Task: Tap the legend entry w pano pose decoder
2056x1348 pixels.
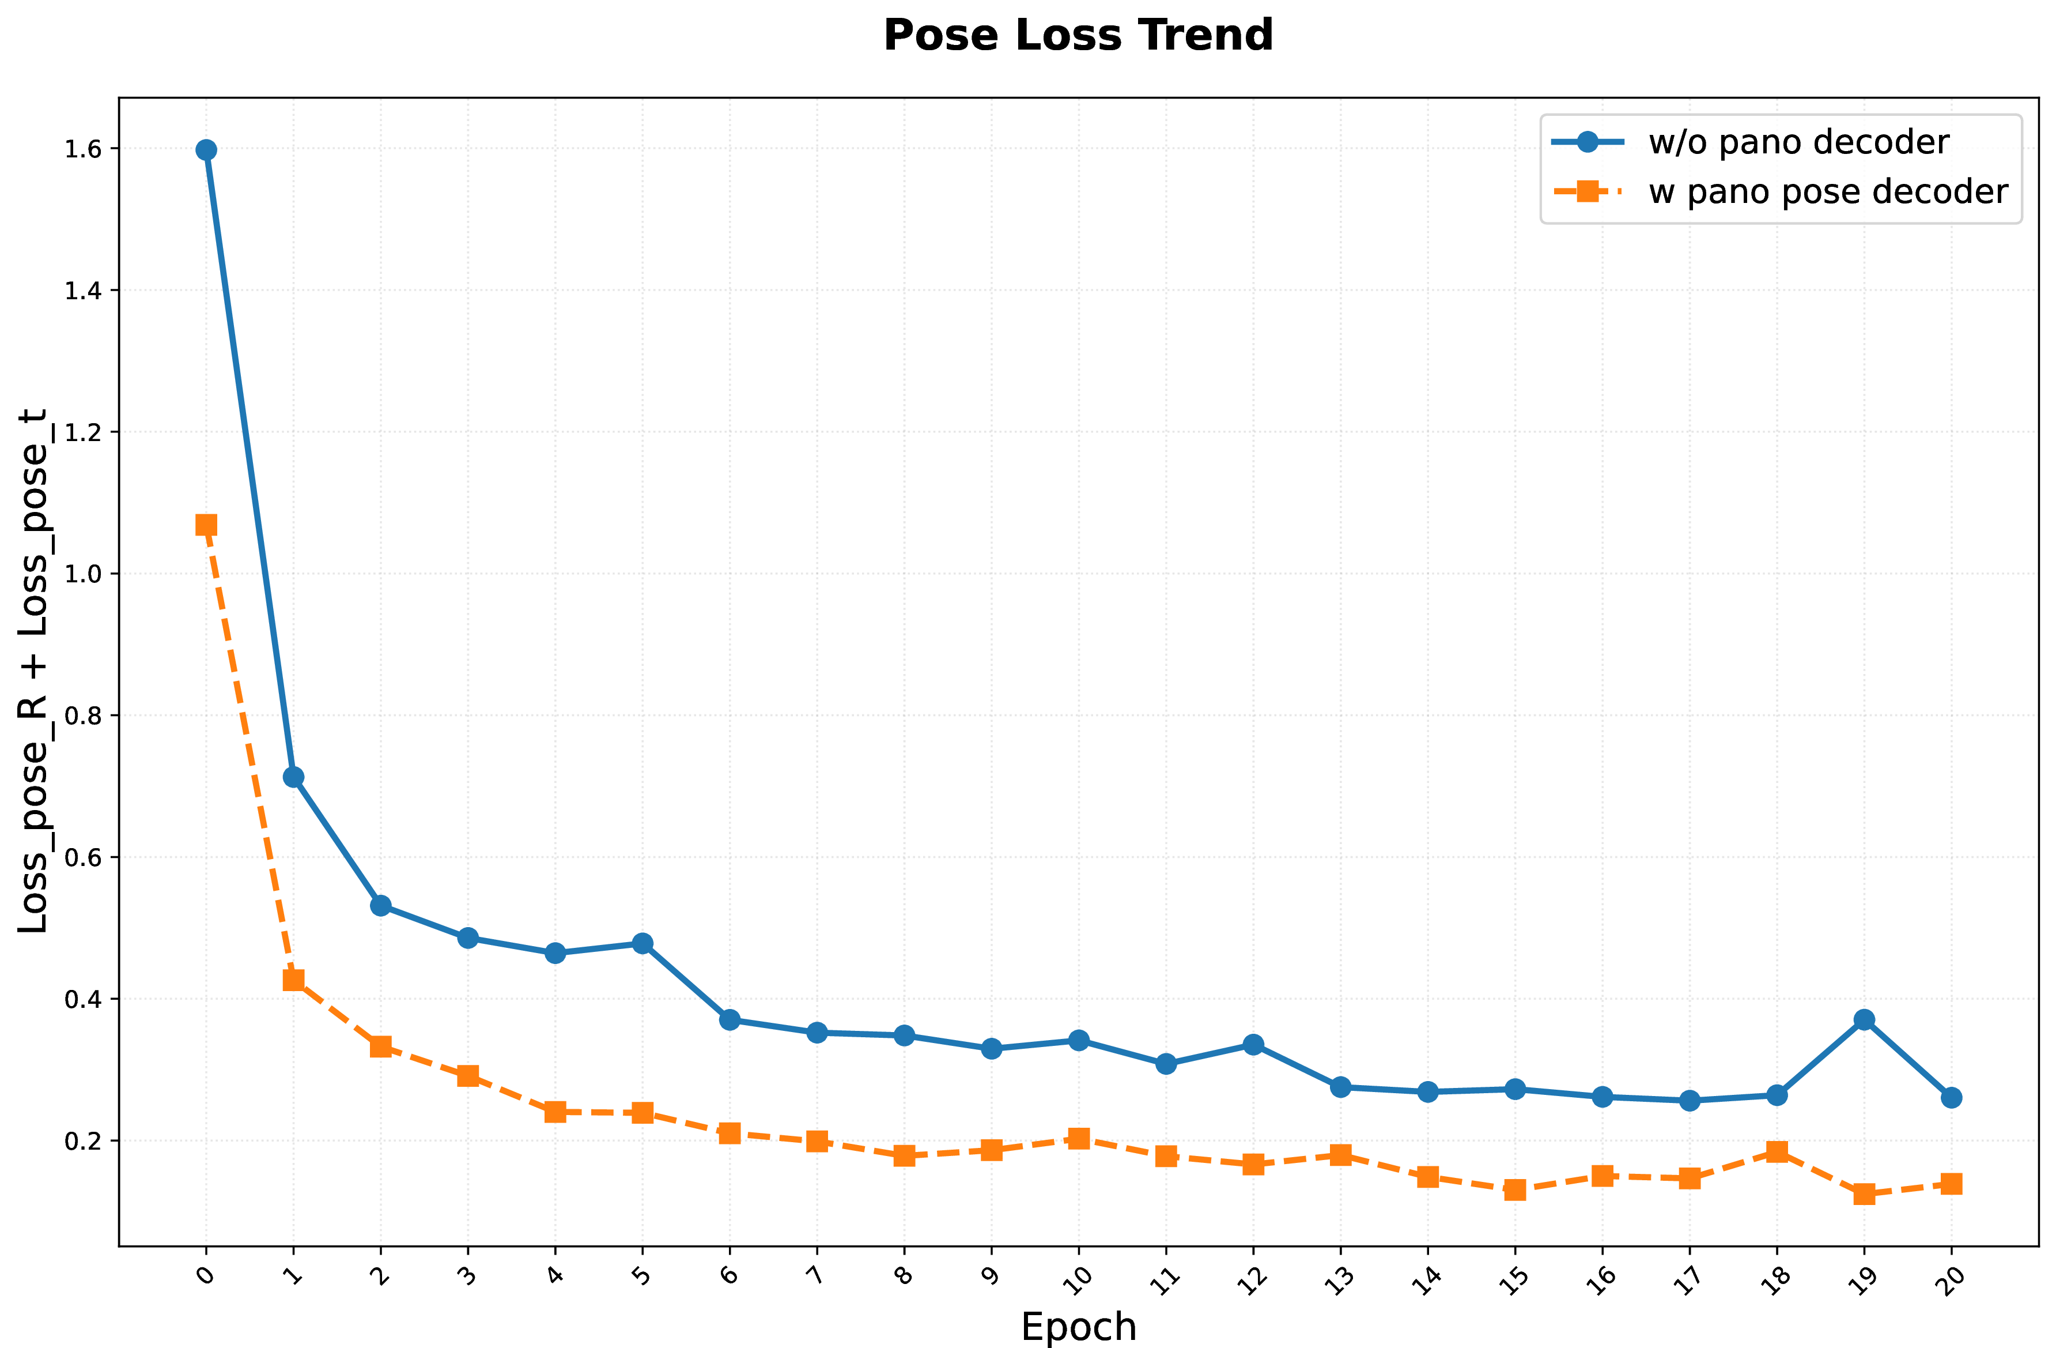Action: (x=1779, y=191)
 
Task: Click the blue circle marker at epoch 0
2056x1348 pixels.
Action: (x=206, y=149)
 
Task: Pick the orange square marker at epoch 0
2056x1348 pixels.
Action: (x=206, y=525)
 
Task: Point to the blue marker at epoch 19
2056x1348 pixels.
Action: (x=1864, y=1019)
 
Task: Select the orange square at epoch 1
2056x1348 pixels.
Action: (x=293, y=980)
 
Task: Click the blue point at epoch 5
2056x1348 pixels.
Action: (x=642, y=943)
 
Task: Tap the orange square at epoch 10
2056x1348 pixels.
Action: (x=1078, y=1138)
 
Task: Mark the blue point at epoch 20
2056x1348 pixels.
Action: (x=1952, y=1097)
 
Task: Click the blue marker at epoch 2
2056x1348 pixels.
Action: (x=380, y=906)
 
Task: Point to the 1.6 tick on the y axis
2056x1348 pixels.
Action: (x=83, y=149)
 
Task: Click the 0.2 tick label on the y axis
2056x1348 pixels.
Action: (x=83, y=1140)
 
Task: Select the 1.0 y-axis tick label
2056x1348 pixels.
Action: (x=83, y=574)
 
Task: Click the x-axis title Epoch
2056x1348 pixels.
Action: (x=1078, y=1327)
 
